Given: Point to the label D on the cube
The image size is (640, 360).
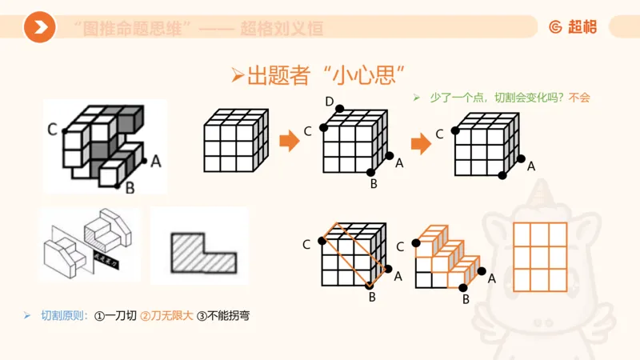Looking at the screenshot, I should pos(330,100).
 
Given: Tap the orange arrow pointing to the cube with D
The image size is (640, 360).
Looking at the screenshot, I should pos(288,142).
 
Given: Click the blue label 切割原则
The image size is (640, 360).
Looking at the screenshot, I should pos(63,316).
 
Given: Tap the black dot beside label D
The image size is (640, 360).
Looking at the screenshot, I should pos(340,109).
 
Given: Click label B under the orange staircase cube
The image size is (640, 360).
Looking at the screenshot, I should pos(465,299).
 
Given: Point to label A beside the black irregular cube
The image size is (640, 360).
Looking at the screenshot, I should pos(156,161).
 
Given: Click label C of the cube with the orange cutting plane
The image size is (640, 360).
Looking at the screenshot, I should pos(307,244).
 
